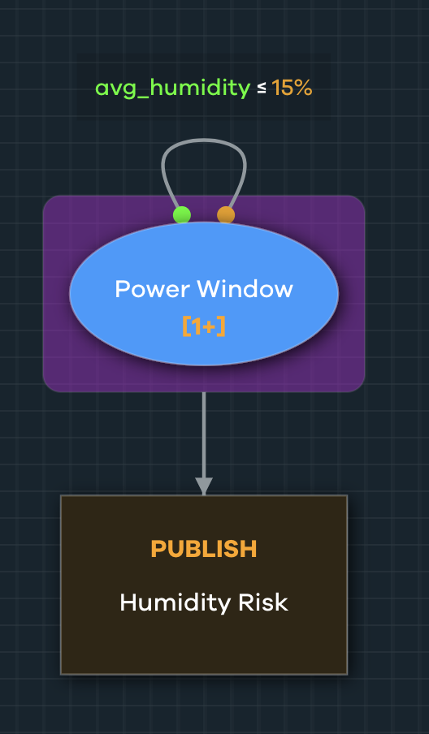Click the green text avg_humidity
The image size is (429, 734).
pos(172,89)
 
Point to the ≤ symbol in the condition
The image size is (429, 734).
pos(262,89)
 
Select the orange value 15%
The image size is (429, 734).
pos(292,89)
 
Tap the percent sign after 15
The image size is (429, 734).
pos(304,89)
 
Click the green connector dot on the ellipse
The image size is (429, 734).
pos(182,215)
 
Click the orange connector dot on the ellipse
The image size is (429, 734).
pos(226,215)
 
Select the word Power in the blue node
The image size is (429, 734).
pos(152,289)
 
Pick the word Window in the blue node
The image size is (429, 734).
pos(245,289)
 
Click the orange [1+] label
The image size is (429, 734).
pos(204,326)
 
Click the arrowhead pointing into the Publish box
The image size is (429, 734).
pos(204,486)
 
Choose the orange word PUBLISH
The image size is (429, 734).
pos(204,549)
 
